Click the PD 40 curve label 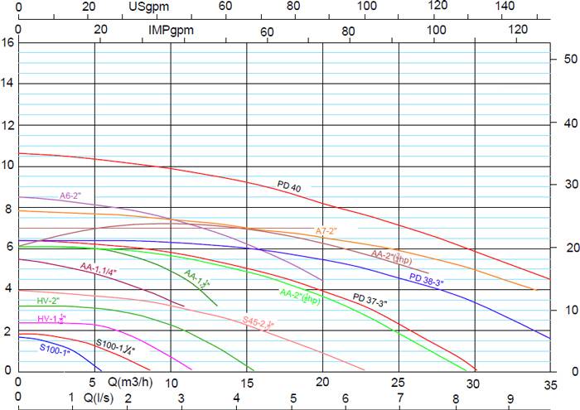coord(289,187)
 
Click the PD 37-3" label coord(370,298)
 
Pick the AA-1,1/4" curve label coord(99,268)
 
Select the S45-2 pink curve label coord(258,322)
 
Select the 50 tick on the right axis coord(570,60)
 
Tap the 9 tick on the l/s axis coord(510,398)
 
